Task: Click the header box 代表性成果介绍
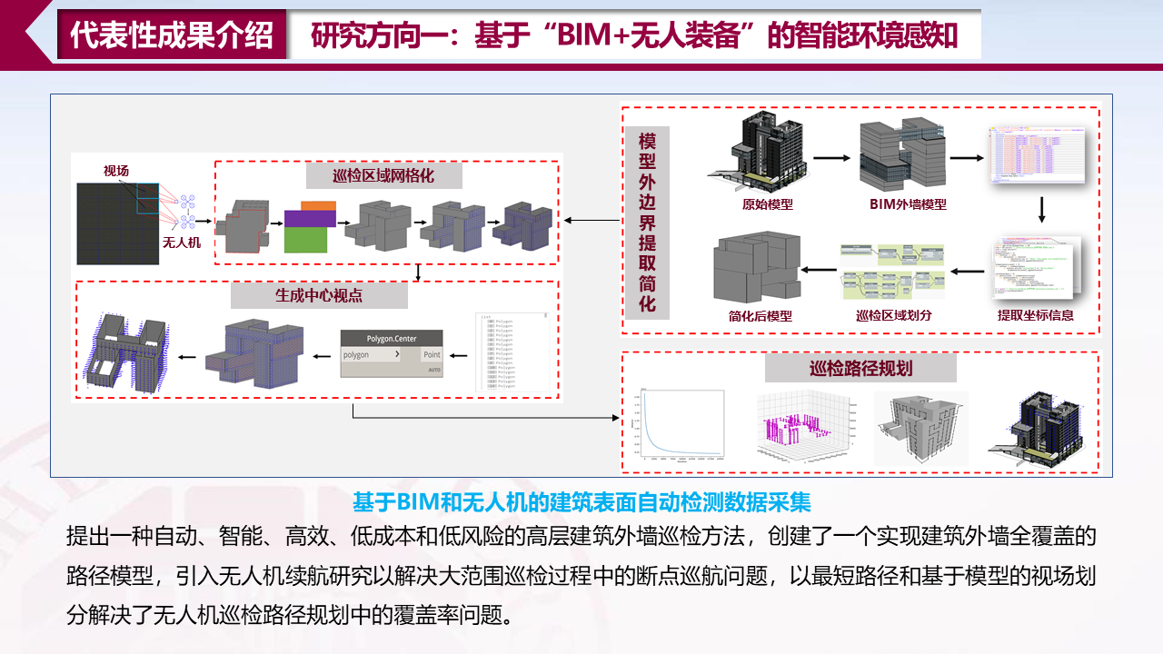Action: click(x=172, y=35)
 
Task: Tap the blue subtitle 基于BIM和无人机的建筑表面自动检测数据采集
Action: click(x=581, y=500)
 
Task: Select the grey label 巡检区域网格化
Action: click(x=383, y=175)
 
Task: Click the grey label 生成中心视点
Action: click(x=318, y=295)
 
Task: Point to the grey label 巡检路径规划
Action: click(x=860, y=368)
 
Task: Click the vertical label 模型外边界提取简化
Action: click(x=647, y=223)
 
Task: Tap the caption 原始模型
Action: click(x=768, y=204)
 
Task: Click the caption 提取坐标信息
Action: click(x=1035, y=315)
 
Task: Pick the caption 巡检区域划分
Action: click(x=894, y=315)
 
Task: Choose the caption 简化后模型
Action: click(x=760, y=315)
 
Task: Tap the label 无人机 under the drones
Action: click(x=181, y=243)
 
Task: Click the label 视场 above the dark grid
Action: click(x=115, y=171)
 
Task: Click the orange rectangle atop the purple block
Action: click(x=318, y=205)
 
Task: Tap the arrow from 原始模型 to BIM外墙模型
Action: click(x=831, y=157)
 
